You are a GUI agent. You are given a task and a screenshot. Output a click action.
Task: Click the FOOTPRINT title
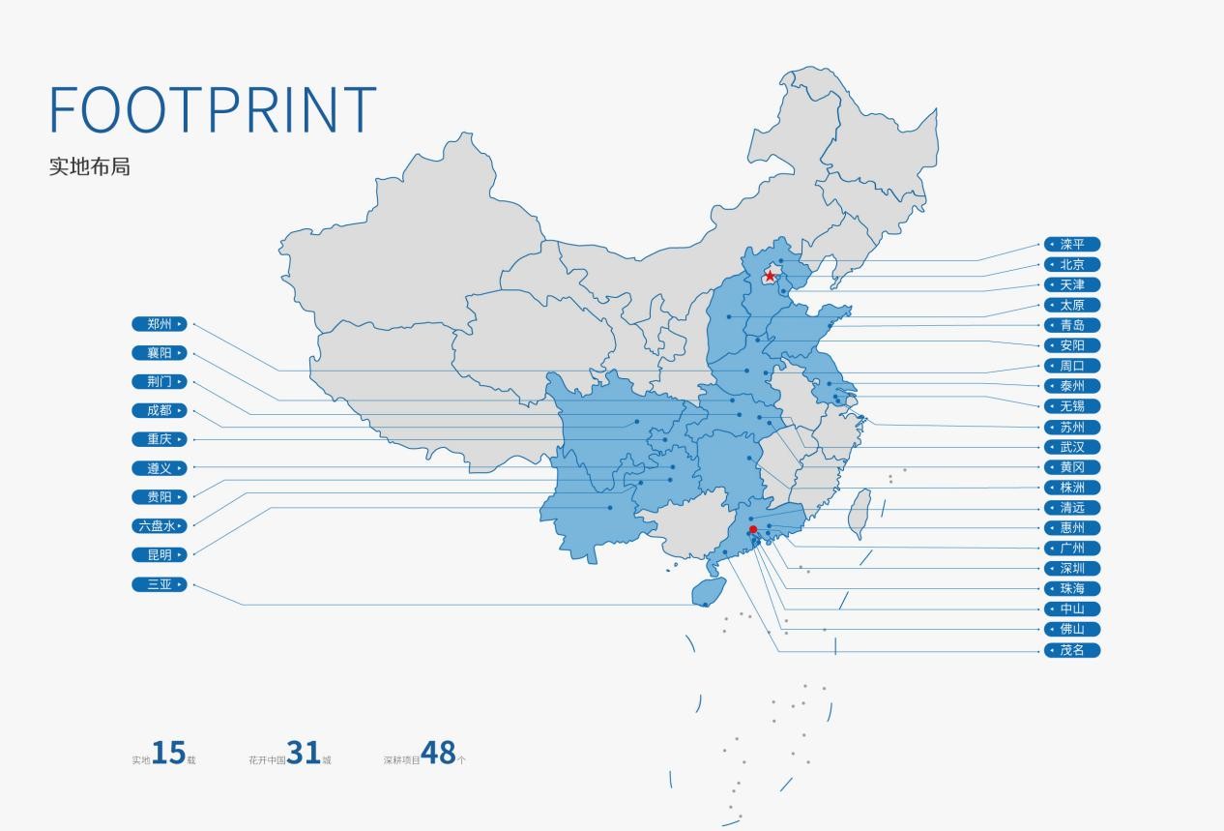pos(213,108)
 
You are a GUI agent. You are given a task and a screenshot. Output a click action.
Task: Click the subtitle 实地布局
pos(89,166)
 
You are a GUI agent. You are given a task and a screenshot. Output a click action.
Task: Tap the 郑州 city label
pos(160,324)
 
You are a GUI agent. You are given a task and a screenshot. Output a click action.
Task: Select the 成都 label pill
pos(160,410)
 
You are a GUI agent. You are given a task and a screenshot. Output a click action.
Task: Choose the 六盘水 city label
pos(160,526)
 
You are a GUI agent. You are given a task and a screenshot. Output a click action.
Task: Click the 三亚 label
pos(160,584)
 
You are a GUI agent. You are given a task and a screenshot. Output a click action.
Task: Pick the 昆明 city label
pos(160,555)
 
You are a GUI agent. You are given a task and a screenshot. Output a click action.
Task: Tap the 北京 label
pos(1071,264)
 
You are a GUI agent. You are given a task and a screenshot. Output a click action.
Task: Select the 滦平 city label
pos(1071,244)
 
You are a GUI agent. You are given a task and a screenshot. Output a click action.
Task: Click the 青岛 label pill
pos(1071,325)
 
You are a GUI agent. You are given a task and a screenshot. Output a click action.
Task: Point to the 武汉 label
pos(1071,447)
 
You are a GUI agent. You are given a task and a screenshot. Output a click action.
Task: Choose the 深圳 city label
pos(1071,568)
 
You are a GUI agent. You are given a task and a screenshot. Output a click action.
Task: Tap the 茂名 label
pos(1071,650)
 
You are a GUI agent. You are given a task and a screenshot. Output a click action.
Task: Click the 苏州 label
pos(1071,427)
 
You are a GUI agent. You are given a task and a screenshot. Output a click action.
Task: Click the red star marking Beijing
pos(770,276)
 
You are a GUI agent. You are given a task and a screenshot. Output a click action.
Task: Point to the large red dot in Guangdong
pos(753,529)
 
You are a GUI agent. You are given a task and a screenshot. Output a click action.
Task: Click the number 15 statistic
pos(168,753)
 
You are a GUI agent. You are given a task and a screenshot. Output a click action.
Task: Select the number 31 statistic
pos(304,753)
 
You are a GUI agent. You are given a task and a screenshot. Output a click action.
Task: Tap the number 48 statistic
pos(438,753)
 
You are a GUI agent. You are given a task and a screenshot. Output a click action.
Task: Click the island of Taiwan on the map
pos(860,513)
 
